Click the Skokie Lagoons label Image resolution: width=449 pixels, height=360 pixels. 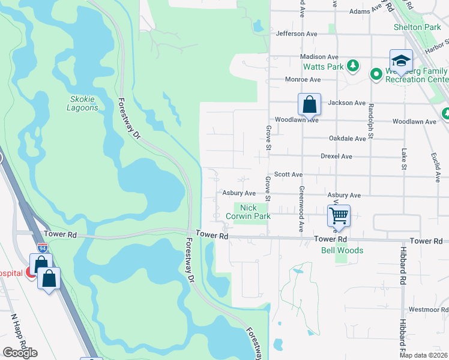[82, 103]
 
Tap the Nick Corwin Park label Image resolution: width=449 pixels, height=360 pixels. [252, 211]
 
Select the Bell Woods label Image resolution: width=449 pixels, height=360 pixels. [342, 250]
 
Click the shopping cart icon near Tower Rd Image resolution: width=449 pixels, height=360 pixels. [339, 215]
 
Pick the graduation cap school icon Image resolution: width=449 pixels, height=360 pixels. [401, 61]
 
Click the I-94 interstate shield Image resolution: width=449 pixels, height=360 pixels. [43, 246]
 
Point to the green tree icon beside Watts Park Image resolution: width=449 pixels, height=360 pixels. [354, 65]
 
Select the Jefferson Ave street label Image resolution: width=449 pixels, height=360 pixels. [296, 34]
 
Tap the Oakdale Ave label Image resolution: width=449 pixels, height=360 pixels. [347, 139]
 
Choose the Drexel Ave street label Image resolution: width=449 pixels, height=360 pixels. [336, 156]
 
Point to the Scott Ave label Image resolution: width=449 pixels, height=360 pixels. [288, 174]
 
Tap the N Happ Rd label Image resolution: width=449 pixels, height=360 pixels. [17, 334]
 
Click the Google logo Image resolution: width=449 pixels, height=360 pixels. [20, 353]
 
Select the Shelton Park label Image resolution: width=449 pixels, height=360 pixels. [417, 27]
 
